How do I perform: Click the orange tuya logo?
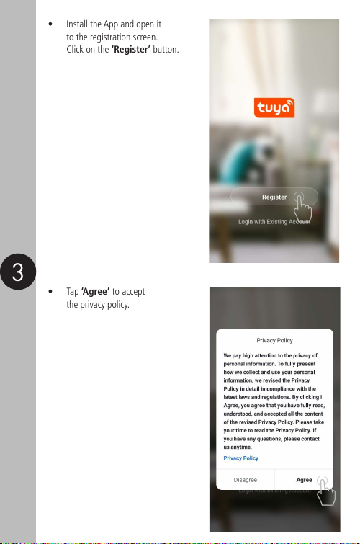274,107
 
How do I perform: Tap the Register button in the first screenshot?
274,197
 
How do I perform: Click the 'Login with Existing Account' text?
274,222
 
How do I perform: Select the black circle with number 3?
18,272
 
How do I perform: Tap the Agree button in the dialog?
304,480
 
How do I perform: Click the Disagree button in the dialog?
246,480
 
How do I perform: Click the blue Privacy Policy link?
240,458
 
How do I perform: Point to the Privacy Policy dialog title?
274,340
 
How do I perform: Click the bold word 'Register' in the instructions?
131,50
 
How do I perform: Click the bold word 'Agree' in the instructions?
95,291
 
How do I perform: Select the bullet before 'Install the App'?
50,24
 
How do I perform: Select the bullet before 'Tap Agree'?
50,291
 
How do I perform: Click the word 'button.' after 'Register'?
166,50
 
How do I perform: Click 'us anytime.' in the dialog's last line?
238,447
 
